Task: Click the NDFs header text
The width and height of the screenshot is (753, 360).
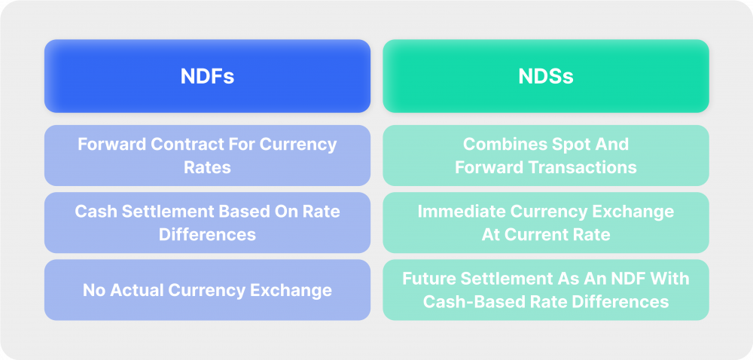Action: tap(207, 77)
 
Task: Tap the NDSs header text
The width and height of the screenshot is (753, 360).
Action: tap(545, 77)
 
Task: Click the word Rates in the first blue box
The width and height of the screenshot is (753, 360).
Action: tap(207, 166)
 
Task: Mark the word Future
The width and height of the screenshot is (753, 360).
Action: tap(428, 279)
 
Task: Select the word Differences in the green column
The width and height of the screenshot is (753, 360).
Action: tap(622, 301)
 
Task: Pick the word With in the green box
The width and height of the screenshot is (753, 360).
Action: tap(670, 279)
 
